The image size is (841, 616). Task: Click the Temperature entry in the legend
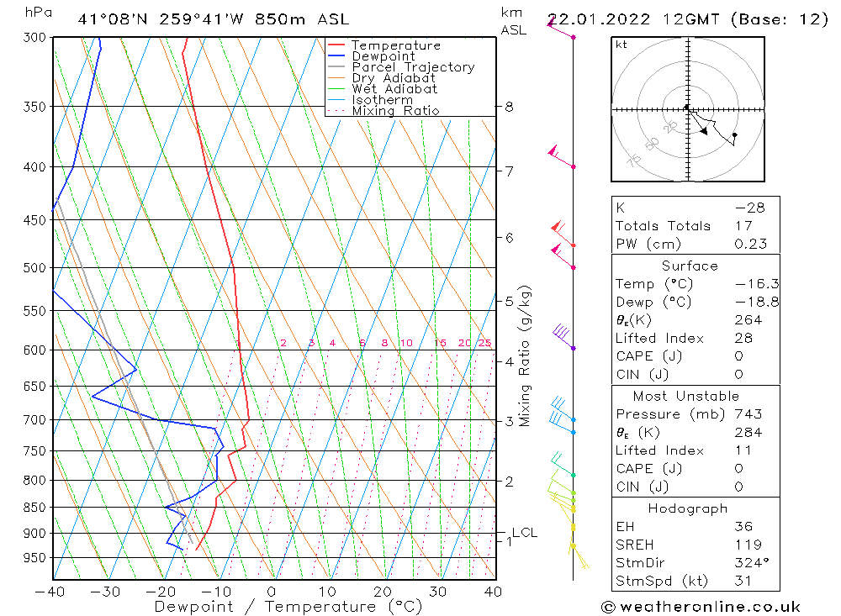(395, 45)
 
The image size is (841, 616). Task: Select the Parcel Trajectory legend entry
(412, 67)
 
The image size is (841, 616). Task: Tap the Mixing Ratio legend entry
(395, 111)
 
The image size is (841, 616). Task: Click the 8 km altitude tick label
(509, 107)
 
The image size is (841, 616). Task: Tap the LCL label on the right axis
(524, 533)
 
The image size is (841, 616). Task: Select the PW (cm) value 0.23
(750, 244)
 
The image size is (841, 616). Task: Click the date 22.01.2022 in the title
(589, 19)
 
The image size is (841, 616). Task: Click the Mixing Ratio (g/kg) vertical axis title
(526, 355)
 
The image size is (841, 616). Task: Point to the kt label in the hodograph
(621, 45)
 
